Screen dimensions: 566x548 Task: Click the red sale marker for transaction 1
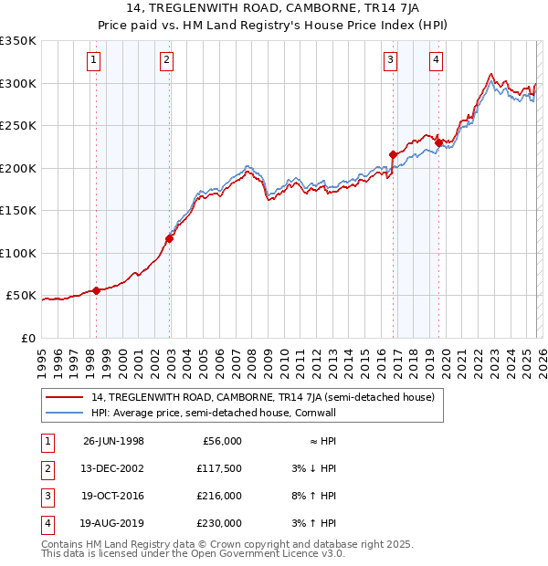pyautogui.click(x=96, y=290)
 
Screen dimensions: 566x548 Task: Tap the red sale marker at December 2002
pyautogui.click(x=169, y=238)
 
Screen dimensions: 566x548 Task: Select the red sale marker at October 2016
pyautogui.click(x=393, y=155)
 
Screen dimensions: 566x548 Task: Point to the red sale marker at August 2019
pyautogui.click(x=438, y=142)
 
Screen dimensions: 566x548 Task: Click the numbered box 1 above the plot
pyautogui.click(x=95, y=61)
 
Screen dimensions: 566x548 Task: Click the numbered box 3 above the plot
pyautogui.click(x=390, y=61)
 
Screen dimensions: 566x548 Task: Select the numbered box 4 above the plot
pyautogui.click(x=437, y=61)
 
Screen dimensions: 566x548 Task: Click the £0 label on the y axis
pyautogui.click(x=27, y=339)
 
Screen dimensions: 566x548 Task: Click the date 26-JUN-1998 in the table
pyautogui.click(x=113, y=441)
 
